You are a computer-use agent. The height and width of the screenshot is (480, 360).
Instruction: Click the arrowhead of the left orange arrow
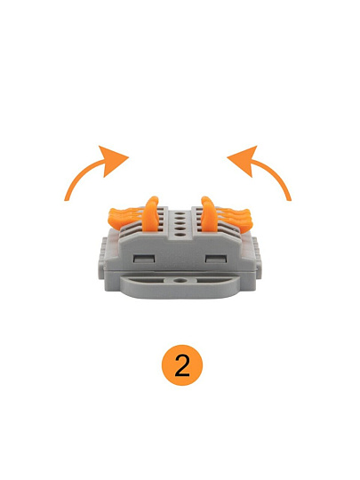(112, 161)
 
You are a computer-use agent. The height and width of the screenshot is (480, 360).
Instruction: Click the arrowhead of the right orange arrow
(244, 161)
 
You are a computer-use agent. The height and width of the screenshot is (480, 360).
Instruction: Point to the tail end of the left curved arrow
(67, 199)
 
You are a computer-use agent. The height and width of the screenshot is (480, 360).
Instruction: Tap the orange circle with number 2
(182, 365)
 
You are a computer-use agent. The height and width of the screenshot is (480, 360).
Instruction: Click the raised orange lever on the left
(151, 214)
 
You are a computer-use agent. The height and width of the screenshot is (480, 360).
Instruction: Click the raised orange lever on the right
(209, 214)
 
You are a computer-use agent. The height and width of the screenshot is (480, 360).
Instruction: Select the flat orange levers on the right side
(235, 218)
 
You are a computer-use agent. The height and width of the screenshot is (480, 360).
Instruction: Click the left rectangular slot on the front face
(144, 259)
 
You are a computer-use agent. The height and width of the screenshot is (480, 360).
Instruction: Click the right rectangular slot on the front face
(216, 259)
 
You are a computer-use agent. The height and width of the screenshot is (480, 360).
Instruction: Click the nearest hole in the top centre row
(180, 236)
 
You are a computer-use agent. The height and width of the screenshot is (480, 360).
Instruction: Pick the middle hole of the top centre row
(180, 224)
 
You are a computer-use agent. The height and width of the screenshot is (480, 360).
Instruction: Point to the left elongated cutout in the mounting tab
(144, 280)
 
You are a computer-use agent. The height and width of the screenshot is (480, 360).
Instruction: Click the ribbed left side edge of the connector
(103, 258)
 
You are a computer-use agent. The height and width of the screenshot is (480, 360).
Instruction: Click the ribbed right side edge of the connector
(257, 258)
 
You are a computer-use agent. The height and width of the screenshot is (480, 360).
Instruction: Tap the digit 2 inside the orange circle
(182, 365)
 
